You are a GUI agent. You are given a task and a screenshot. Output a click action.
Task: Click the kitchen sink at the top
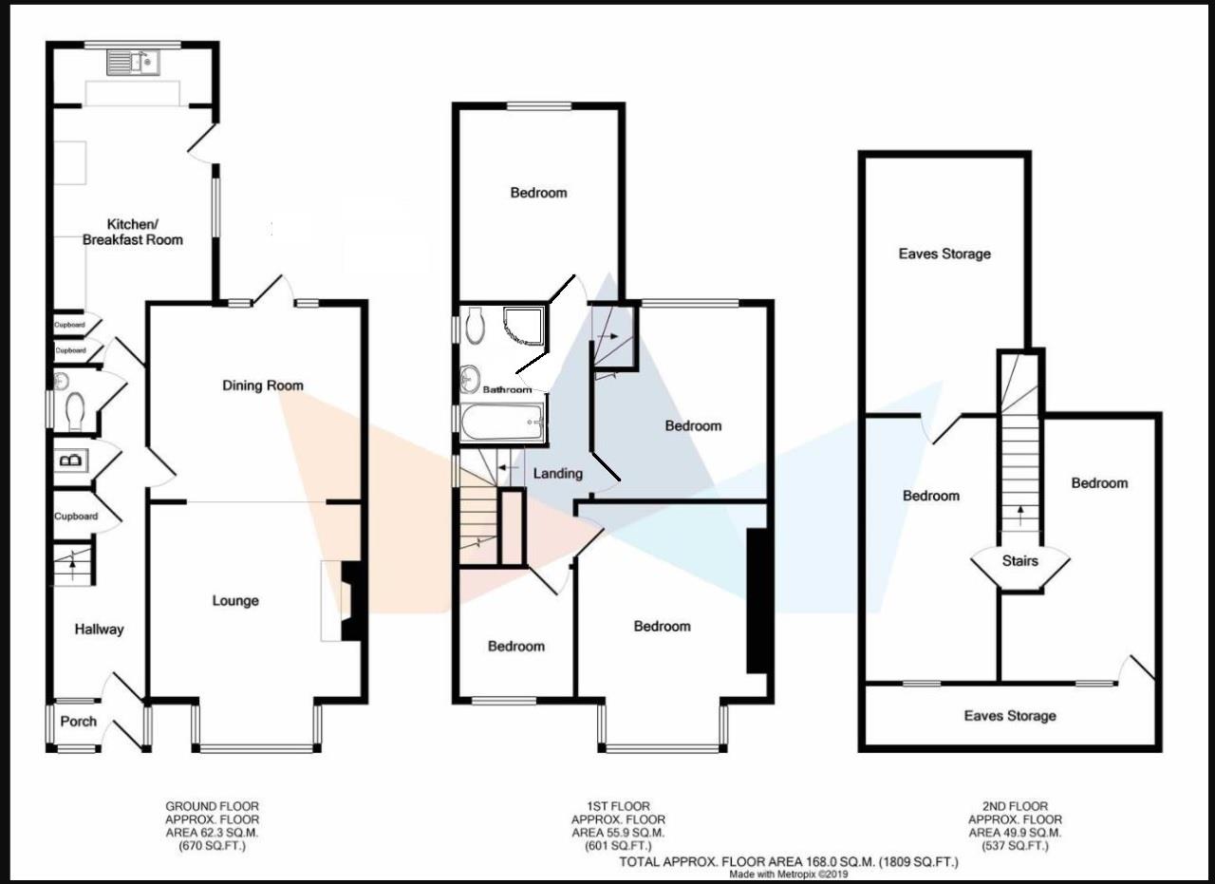click(134, 63)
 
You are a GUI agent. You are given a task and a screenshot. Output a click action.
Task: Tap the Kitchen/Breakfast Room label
click(132, 232)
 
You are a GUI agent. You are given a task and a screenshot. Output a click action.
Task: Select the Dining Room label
click(263, 385)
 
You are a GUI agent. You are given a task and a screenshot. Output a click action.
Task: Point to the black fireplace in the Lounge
click(352, 602)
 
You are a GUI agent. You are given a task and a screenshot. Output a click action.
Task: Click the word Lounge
click(235, 600)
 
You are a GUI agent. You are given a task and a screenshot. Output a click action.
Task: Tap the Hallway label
click(99, 629)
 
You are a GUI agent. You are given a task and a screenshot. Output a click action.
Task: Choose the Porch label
click(78, 721)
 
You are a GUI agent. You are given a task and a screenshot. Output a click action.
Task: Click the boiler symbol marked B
click(71, 461)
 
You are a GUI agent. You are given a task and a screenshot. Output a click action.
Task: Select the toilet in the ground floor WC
click(75, 412)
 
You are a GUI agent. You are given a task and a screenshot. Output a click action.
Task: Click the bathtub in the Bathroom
click(502, 422)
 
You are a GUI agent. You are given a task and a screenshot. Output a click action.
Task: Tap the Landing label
click(558, 473)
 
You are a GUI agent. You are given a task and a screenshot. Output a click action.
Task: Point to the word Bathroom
click(507, 389)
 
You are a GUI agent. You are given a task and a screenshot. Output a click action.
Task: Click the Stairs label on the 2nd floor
click(1019, 560)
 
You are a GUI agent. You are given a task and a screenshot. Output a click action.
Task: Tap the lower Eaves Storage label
click(1009, 715)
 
